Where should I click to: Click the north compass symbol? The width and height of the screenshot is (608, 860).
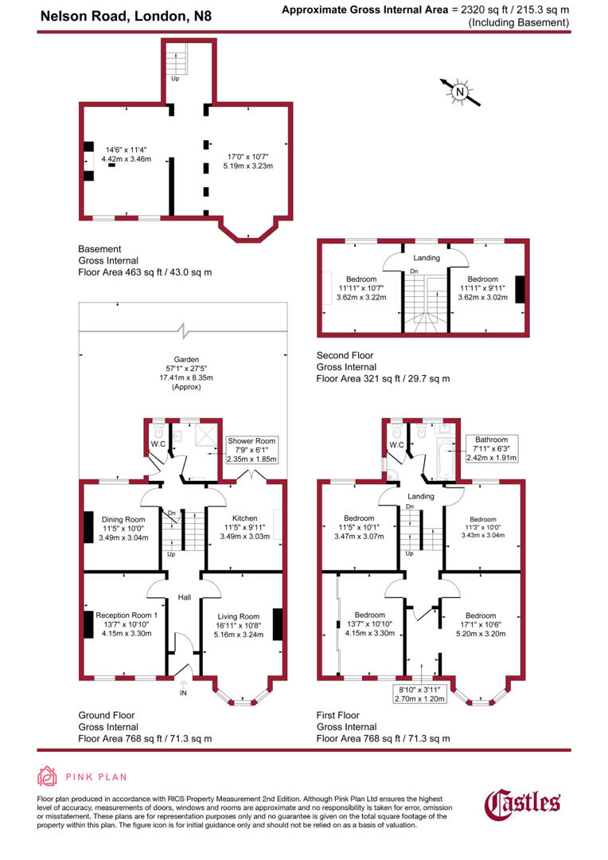pos(459,92)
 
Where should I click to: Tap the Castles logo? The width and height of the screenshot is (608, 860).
pos(523,802)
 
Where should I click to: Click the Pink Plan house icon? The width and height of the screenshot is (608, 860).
pos(48,777)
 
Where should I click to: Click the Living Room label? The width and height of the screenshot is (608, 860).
pos(239,616)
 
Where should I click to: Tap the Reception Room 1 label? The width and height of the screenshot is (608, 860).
pos(127,615)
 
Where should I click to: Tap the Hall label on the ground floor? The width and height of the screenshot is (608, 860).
pos(183,596)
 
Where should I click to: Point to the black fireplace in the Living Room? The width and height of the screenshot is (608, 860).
pos(278,623)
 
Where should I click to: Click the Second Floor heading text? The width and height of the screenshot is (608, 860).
pos(345,355)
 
